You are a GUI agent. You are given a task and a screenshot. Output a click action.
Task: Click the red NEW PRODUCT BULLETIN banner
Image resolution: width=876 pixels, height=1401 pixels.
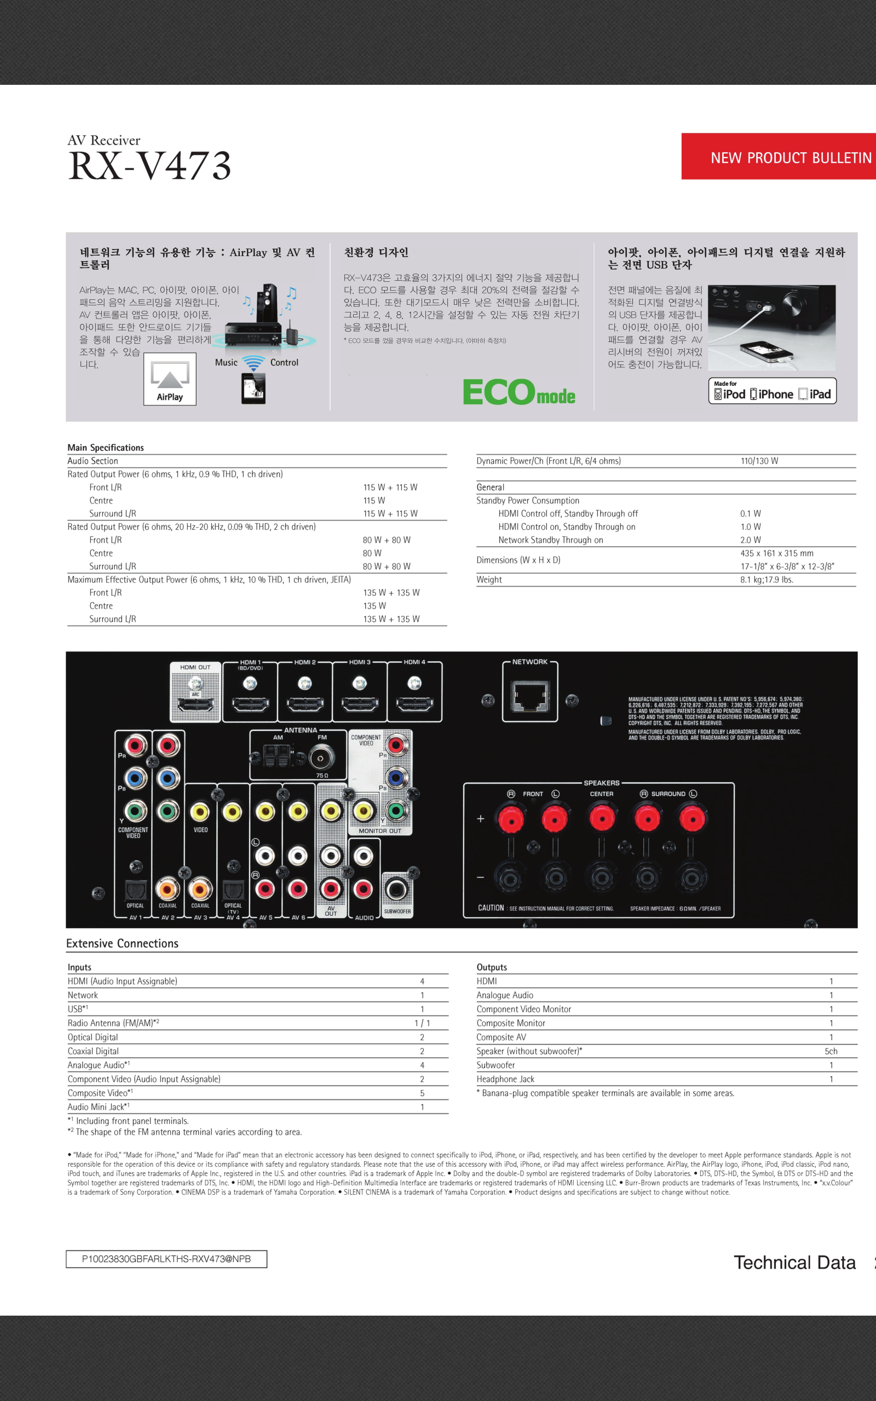point(779,157)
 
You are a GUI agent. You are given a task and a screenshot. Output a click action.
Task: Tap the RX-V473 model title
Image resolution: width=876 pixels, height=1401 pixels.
point(149,166)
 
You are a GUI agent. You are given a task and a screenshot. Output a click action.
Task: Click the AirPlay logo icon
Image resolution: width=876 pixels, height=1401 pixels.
point(170,379)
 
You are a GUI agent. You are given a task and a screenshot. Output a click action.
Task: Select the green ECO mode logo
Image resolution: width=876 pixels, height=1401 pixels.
point(518,392)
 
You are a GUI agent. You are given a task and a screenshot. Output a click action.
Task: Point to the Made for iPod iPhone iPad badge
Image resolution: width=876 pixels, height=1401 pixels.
point(773,391)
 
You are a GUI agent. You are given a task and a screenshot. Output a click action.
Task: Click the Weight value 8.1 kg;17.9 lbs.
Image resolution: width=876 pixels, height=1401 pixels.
point(766,580)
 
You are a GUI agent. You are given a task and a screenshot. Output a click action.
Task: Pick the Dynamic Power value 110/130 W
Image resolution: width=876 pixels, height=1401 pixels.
point(759,461)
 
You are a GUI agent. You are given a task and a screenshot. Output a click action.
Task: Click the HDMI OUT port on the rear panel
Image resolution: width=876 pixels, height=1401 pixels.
point(195,704)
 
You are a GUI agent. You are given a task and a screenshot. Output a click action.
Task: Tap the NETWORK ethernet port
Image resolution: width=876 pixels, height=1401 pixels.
point(529,697)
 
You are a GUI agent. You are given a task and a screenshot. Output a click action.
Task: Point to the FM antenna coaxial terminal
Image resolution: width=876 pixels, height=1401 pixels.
point(321,757)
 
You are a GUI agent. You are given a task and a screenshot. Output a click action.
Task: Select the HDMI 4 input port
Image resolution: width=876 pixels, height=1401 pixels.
point(414,704)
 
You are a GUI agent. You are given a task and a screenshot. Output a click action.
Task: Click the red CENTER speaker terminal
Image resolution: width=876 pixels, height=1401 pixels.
point(601,819)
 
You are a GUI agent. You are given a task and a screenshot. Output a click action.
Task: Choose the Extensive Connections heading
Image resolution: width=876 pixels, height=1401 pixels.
point(122,943)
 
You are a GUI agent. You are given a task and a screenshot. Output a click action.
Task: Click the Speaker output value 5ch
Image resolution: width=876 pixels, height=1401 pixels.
point(831,1051)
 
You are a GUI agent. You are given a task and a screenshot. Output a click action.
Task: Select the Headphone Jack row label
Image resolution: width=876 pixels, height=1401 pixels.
point(505,1079)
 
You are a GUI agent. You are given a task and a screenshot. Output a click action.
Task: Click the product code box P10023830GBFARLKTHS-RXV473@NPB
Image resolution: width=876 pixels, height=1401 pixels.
point(166,1259)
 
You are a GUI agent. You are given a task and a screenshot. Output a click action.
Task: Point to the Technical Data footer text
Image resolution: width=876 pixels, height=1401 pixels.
point(794,1263)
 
